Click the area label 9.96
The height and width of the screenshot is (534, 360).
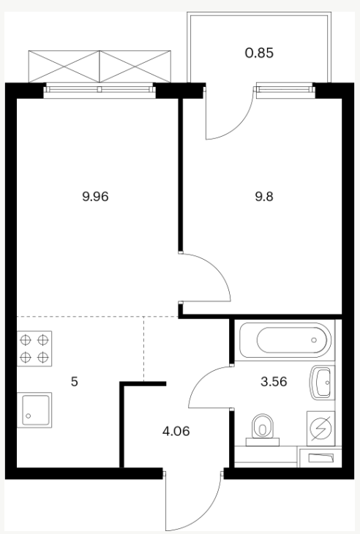(95, 197)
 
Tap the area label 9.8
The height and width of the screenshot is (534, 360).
(264, 197)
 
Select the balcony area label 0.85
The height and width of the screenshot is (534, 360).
(259, 53)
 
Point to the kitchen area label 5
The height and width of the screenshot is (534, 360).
(74, 382)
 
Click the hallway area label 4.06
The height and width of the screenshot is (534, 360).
(176, 431)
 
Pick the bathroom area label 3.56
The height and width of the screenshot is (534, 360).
(274, 382)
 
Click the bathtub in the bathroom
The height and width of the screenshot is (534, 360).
(285, 340)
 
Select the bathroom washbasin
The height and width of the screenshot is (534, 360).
(322, 383)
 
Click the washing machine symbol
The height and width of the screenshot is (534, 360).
(320, 429)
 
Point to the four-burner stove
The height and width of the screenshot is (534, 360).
(34, 348)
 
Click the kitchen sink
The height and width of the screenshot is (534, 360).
(34, 410)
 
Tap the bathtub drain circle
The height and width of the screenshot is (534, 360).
(314, 340)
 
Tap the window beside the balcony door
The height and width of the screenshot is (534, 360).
(285, 90)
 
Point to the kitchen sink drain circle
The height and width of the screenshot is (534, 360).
(29, 415)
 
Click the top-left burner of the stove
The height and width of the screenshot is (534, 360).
(26, 339)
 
